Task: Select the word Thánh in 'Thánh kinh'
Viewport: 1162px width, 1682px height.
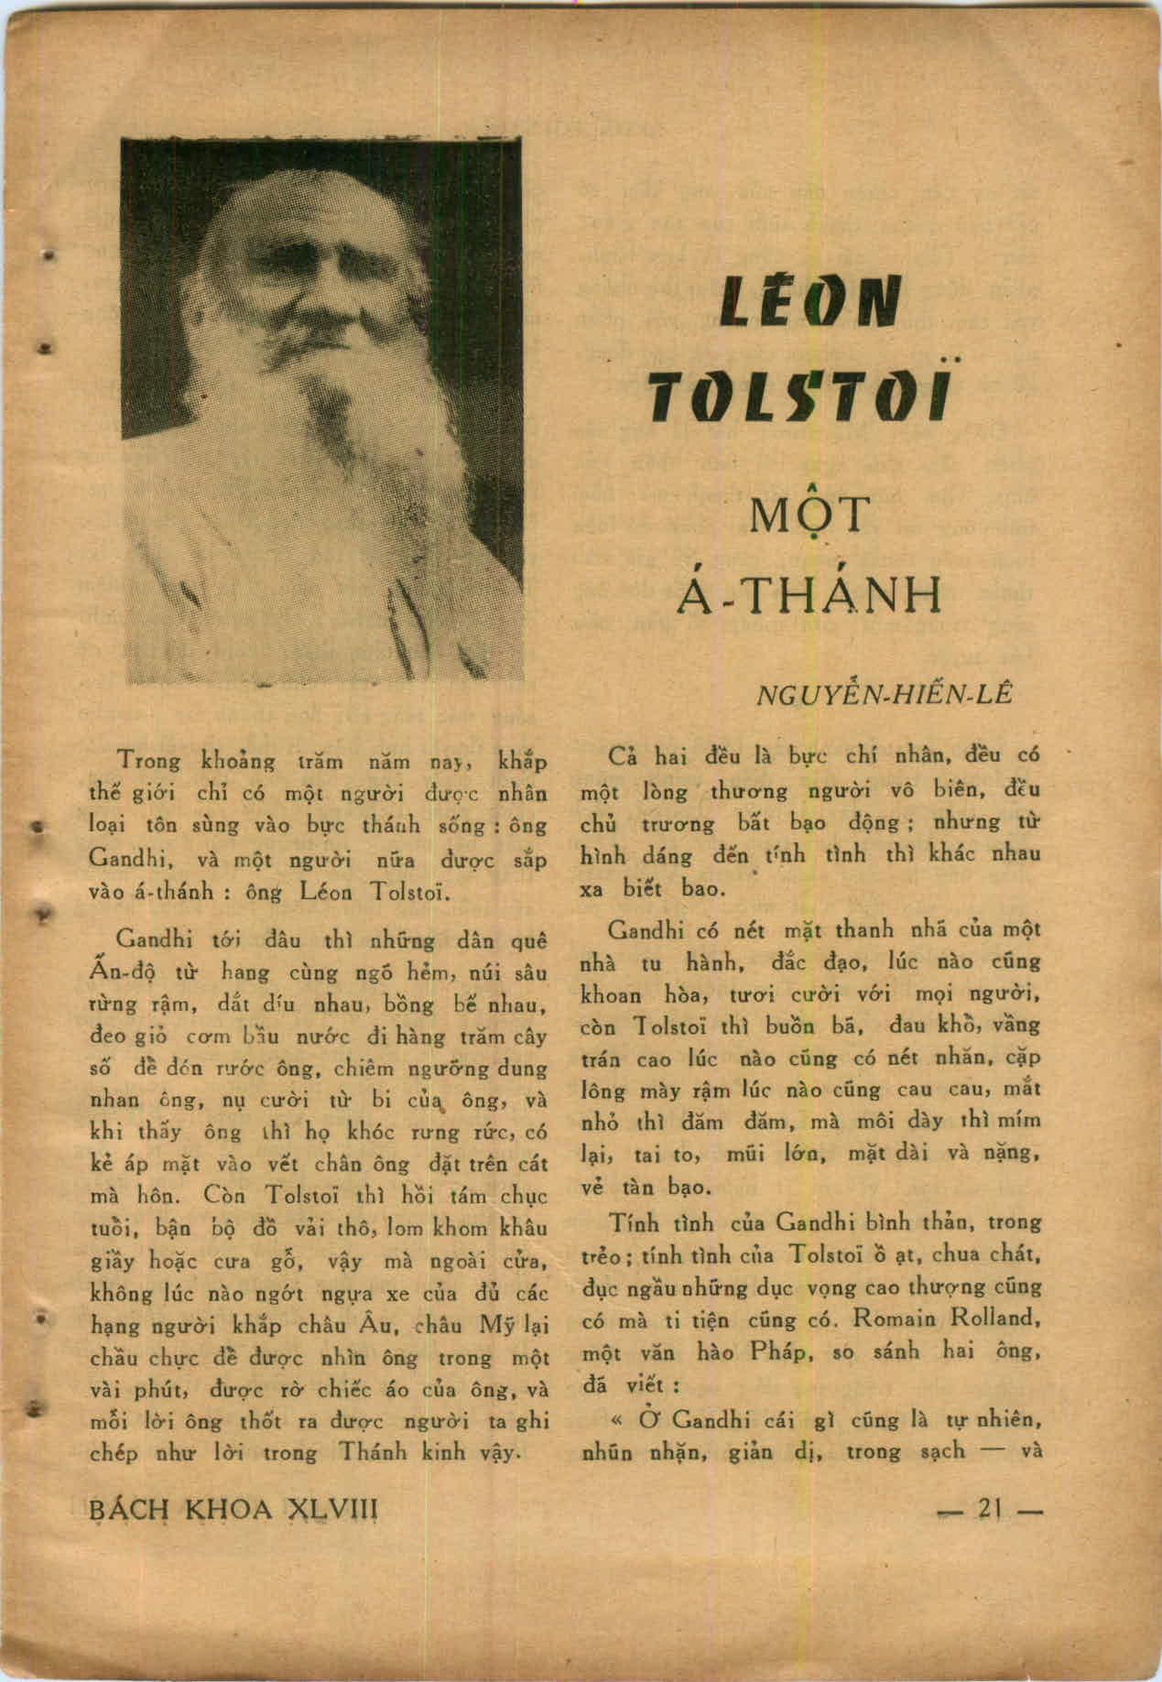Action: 375,1452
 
